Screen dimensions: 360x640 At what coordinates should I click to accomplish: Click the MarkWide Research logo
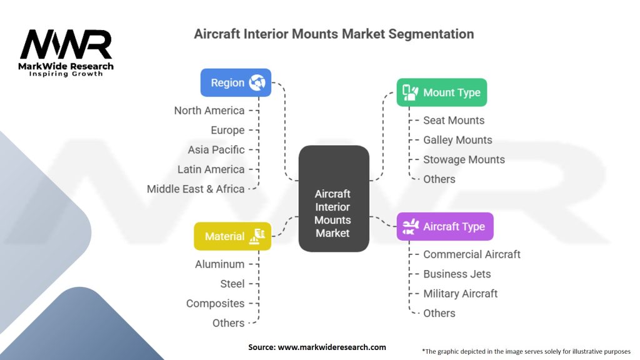click(x=67, y=52)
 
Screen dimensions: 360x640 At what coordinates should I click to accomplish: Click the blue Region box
click(x=236, y=82)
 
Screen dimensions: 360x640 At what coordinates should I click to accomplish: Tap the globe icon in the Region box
click(x=257, y=82)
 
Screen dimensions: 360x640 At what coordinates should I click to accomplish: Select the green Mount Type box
click(x=441, y=92)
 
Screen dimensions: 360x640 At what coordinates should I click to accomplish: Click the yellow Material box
click(x=232, y=236)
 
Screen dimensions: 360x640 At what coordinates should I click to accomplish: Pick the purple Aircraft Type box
click(x=445, y=226)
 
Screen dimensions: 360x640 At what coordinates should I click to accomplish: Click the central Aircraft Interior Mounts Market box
click(x=333, y=199)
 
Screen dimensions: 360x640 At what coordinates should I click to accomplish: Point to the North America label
click(x=209, y=111)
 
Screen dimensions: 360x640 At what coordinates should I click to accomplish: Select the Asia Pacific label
click(x=216, y=150)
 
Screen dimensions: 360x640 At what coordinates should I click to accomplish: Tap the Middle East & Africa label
click(x=196, y=189)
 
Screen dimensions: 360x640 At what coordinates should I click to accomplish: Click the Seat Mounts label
click(x=454, y=121)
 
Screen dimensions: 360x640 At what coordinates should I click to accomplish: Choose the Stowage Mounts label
click(x=464, y=159)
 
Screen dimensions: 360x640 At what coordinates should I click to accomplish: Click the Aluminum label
click(x=219, y=264)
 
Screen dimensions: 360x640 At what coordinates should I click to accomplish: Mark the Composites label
click(x=215, y=304)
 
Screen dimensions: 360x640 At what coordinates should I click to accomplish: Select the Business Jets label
click(x=457, y=274)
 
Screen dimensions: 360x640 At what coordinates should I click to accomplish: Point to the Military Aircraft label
click(x=461, y=294)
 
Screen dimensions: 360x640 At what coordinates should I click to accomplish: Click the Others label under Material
click(x=228, y=323)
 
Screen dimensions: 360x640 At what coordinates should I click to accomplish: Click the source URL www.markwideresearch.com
click(x=332, y=347)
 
